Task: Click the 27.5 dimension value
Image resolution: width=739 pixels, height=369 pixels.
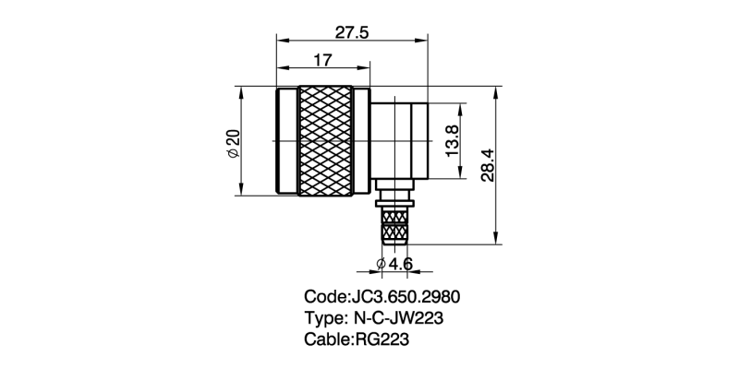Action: (352, 32)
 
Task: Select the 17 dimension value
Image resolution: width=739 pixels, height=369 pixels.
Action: (322, 60)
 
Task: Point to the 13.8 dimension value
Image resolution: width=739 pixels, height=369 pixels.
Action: (452, 142)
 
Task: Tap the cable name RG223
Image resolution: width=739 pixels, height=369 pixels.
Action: (380, 339)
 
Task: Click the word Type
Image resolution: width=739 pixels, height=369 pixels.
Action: (322, 318)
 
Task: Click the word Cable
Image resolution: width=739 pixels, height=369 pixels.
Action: (326, 339)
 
